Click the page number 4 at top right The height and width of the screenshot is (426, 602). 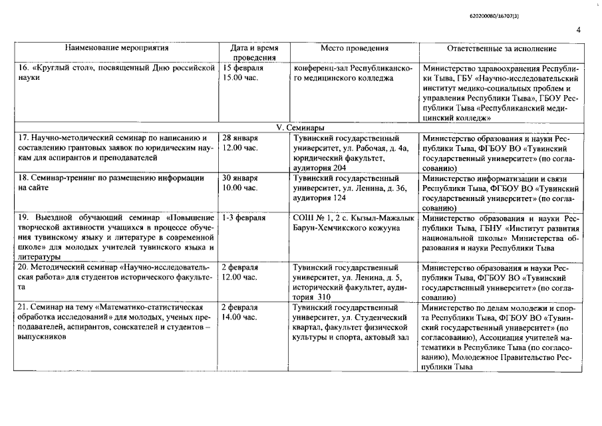(578, 30)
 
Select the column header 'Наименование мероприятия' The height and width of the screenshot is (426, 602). (116, 48)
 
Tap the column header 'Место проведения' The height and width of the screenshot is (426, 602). (354, 48)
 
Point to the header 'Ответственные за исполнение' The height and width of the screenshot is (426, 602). (502, 48)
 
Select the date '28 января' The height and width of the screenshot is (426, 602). (240, 138)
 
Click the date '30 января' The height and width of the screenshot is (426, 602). (240, 178)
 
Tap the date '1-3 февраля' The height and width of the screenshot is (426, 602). (243, 218)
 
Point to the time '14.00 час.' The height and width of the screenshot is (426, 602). (239, 318)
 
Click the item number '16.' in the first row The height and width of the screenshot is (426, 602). (24, 68)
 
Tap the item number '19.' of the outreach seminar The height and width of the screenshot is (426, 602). (24, 218)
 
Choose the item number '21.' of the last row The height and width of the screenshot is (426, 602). (24, 308)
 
